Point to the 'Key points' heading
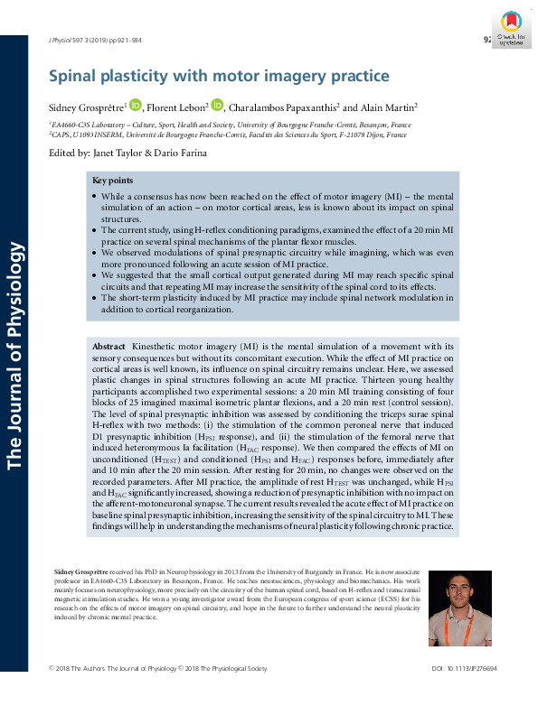[113, 181]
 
